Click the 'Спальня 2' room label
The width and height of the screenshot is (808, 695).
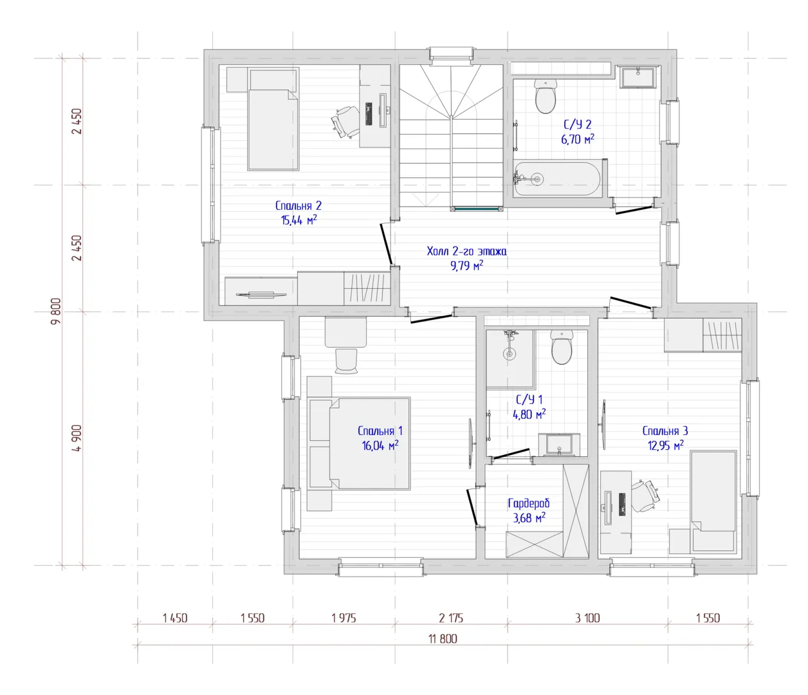pyautogui.click(x=298, y=206)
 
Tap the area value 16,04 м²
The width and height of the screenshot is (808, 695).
pyautogui.click(x=380, y=445)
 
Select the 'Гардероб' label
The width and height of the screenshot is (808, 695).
pyautogui.click(x=529, y=503)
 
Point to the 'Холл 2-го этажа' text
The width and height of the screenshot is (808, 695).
pyautogui.click(x=466, y=251)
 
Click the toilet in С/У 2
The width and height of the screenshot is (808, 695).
pyautogui.click(x=546, y=96)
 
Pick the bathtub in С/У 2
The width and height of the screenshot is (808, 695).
pyautogui.click(x=558, y=179)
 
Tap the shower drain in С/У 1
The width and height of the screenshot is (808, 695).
pyautogui.click(x=510, y=355)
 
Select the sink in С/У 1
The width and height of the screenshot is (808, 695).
pyautogui.click(x=559, y=445)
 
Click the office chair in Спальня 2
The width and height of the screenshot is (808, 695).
pyautogui.click(x=345, y=122)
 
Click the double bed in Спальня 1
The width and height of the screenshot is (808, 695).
pyautogui.click(x=359, y=443)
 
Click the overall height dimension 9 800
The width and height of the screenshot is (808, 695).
pyautogui.click(x=57, y=311)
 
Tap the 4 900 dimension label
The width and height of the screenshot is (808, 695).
pyautogui.click(x=77, y=438)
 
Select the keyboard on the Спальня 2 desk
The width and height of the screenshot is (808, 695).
pyautogui.click(x=369, y=114)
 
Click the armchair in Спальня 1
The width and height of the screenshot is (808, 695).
pyautogui.click(x=346, y=361)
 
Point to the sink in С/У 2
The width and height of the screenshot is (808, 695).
pyautogui.click(x=638, y=77)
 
